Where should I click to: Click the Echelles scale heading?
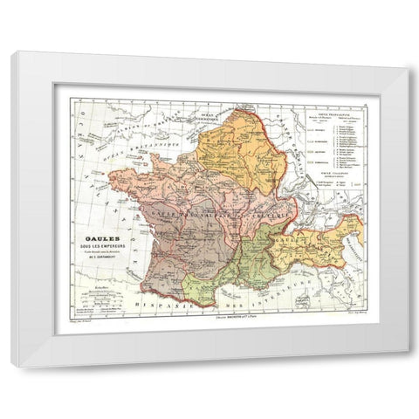(82, 285)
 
